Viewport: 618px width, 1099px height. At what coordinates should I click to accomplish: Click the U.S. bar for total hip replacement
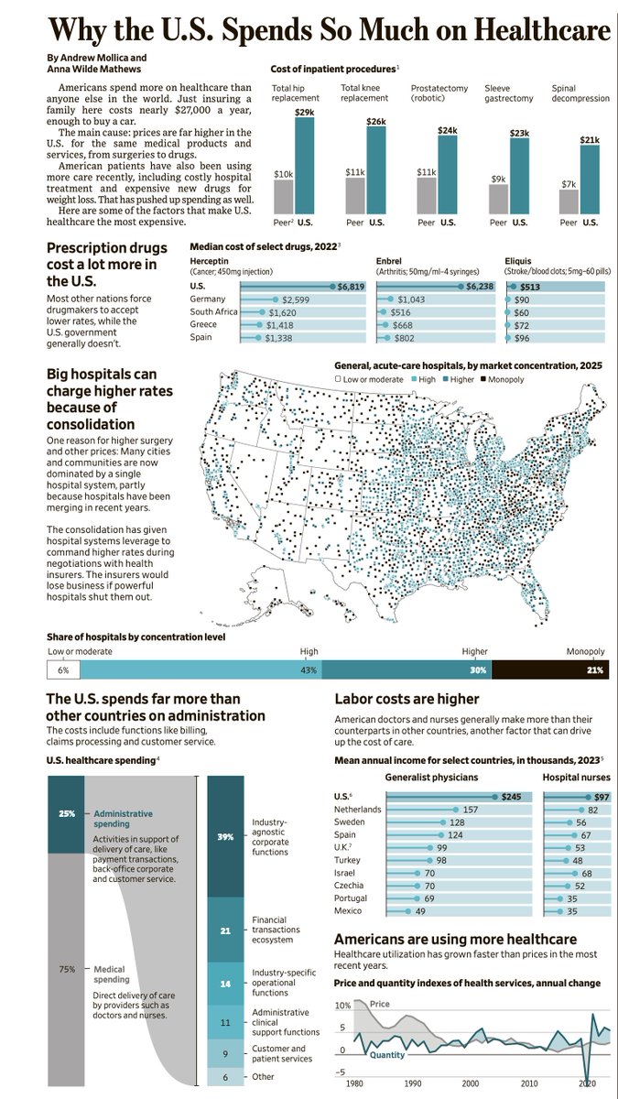point(304,165)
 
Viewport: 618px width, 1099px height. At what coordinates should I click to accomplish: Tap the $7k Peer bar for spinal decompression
point(569,201)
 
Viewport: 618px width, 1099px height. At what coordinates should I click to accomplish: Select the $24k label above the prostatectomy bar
point(447,130)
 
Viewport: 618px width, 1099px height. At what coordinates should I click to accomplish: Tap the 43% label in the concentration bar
point(309,670)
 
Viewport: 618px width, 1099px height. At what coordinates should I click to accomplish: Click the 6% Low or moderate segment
point(63,670)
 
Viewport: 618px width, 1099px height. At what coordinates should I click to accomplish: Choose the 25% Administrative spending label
point(67,813)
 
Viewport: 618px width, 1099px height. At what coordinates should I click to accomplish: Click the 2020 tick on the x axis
point(586,1083)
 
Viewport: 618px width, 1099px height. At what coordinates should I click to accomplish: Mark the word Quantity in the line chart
point(388,1055)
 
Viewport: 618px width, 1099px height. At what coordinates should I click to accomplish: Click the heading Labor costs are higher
point(407,699)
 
